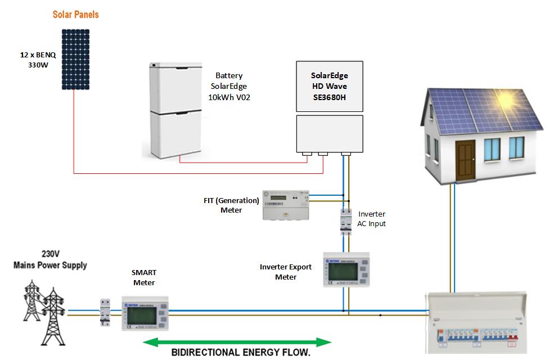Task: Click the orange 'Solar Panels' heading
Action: click(75, 15)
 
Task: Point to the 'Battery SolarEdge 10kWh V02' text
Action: click(228, 86)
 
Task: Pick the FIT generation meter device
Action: click(286, 204)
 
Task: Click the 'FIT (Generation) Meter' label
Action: click(231, 205)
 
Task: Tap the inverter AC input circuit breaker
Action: click(345, 221)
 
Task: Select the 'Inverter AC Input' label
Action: click(372, 219)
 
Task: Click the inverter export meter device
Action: click(346, 269)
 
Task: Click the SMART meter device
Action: click(145, 313)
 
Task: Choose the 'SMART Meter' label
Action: click(144, 277)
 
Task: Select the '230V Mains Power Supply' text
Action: click(51, 259)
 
